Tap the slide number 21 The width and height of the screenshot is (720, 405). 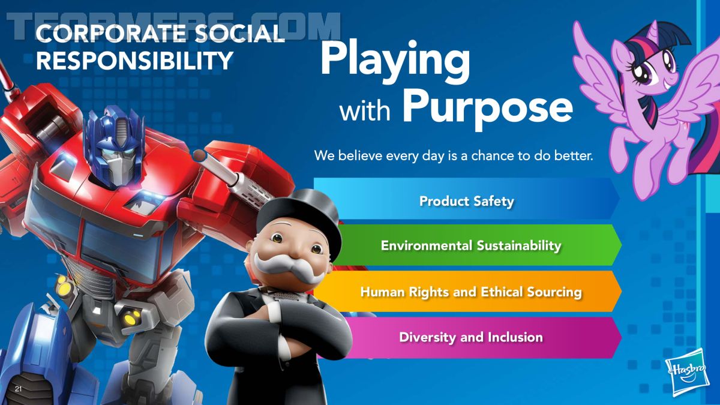click(19, 389)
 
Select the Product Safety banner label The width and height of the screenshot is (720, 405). click(467, 201)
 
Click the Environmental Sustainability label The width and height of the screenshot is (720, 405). click(471, 245)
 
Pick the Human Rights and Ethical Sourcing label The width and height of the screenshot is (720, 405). click(471, 292)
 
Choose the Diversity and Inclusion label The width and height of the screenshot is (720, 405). click(471, 337)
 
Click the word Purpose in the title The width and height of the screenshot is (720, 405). click(487, 107)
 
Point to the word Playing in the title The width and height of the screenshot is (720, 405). click(395, 64)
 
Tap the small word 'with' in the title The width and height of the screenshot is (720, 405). click(365, 111)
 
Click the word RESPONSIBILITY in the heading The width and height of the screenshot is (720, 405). click(134, 60)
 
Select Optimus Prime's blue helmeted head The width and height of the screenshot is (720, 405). click(113, 145)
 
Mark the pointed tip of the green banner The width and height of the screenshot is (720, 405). click(622, 245)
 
